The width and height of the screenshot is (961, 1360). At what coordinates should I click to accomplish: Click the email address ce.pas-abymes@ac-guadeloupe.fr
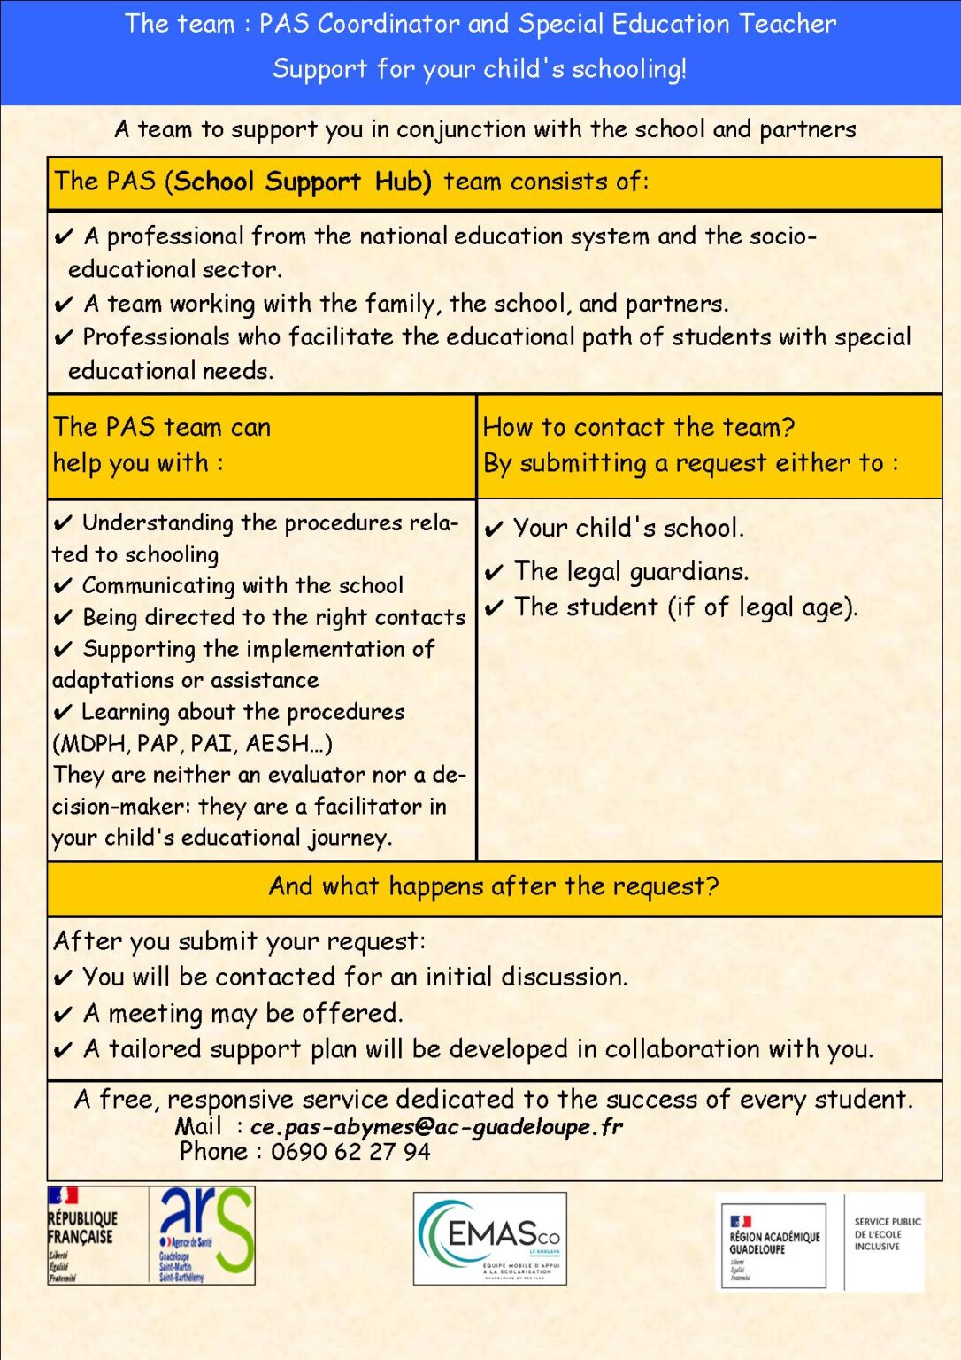(436, 1126)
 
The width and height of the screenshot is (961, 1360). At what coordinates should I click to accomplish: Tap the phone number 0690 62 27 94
(350, 1152)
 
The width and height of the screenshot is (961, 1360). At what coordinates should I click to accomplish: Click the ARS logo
(204, 1234)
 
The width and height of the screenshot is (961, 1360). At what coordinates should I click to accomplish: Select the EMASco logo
(489, 1237)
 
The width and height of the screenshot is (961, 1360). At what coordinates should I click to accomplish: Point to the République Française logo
(83, 1234)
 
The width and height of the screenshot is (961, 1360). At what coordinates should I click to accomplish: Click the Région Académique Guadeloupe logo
(773, 1244)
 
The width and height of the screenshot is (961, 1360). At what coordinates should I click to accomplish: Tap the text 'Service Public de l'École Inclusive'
(887, 1233)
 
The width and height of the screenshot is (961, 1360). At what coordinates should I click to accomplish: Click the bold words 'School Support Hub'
(303, 182)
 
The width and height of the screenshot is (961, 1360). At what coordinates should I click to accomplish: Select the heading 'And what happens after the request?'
(494, 886)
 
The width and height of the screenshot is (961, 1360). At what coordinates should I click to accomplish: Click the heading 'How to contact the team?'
(638, 427)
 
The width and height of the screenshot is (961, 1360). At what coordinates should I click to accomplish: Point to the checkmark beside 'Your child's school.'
(494, 529)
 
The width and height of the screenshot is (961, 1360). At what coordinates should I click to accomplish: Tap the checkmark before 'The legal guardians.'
(494, 573)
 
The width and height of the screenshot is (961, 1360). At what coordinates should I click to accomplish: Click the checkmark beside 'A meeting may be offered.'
(63, 1015)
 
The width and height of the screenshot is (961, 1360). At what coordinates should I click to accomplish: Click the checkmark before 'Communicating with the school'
(63, 587)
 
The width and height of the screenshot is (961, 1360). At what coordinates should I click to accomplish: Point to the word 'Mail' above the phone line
(198, 1126)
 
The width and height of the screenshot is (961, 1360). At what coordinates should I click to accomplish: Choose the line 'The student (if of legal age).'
(685, 607)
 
